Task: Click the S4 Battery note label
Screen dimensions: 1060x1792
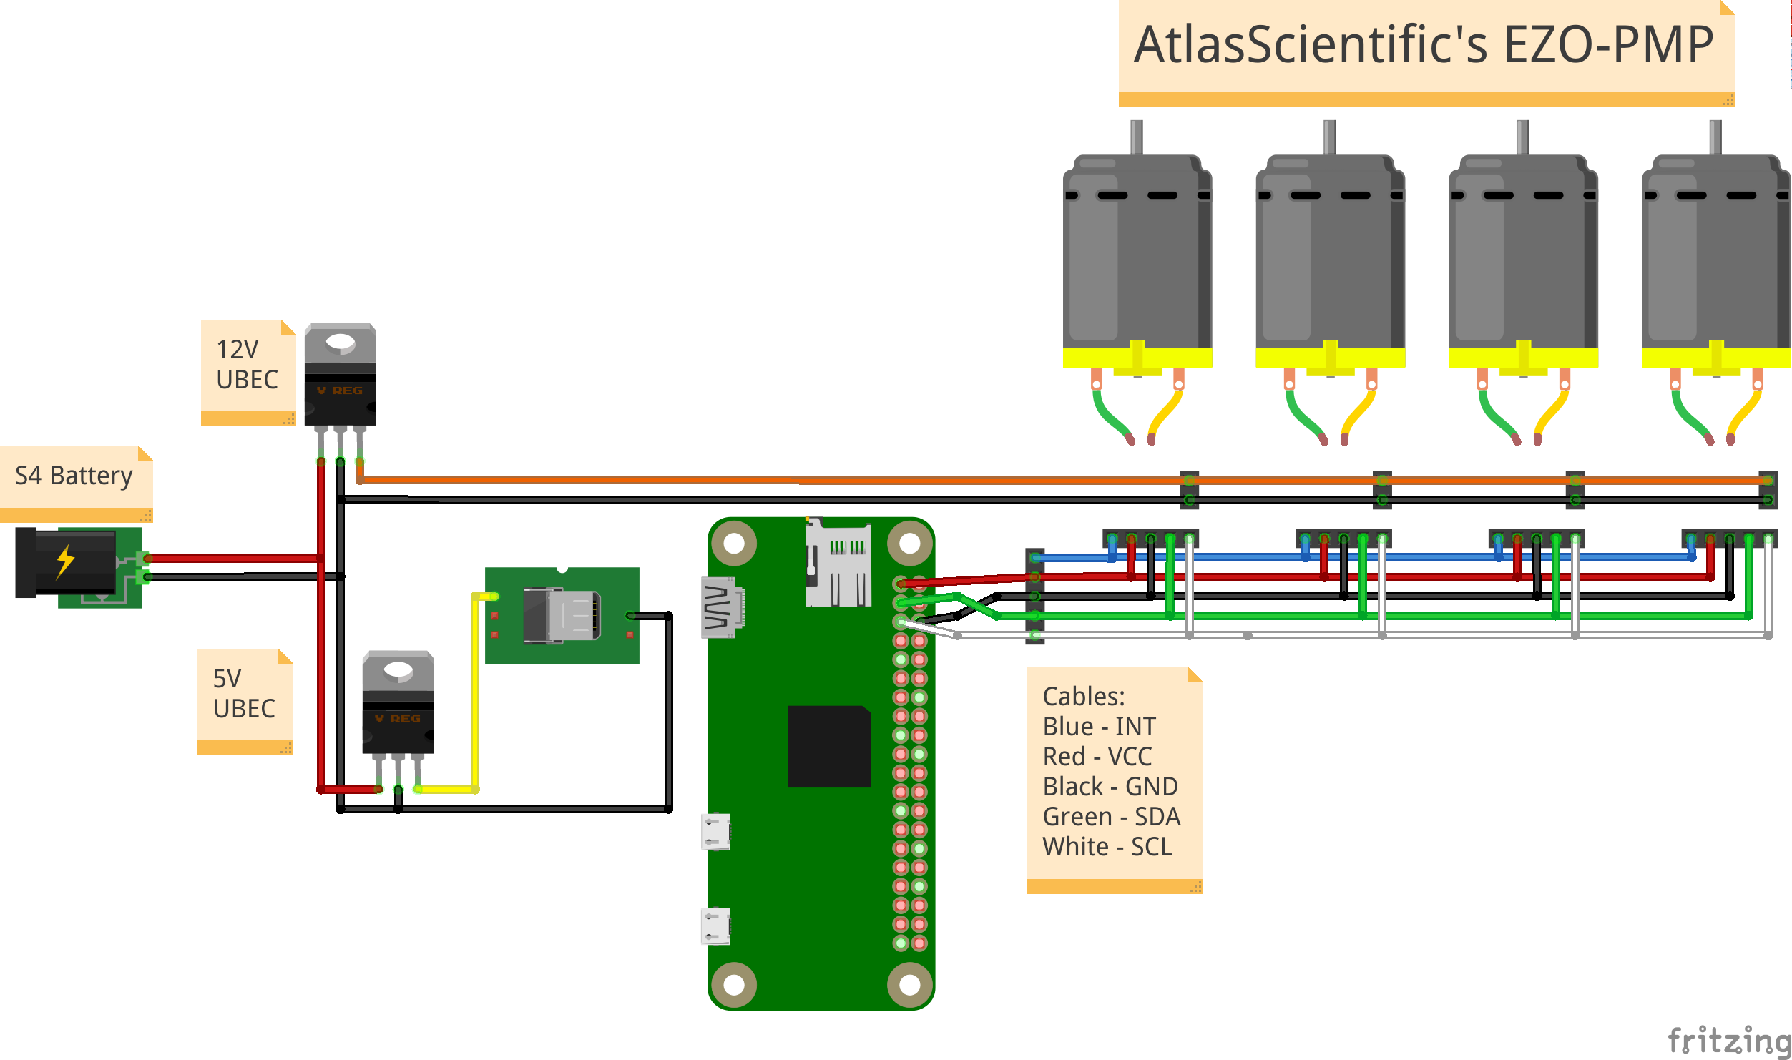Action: click(x=74, y=476)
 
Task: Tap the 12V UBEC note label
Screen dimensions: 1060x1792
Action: click(x=247, y=365)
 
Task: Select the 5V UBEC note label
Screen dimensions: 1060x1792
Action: click(x=244, y=694)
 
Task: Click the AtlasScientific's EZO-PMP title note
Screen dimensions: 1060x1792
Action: click(x=1424, y=45)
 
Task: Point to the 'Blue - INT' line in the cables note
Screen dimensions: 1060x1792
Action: click(x=1099, y=727)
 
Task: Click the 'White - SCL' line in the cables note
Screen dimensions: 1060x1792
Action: click(x=1107, y=847)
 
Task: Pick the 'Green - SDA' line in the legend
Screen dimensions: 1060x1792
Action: click(x=1111, y=817)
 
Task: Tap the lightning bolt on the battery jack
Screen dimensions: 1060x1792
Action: click(x=65, y=561)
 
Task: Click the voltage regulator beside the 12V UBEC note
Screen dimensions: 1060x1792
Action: click(x=341, y=376)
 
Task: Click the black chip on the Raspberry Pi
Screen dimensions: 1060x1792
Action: click(x=829, y=747)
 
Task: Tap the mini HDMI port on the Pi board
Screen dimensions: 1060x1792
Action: click(x=721, y=607)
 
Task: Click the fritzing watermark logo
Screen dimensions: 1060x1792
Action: click(x=1728, y=1040)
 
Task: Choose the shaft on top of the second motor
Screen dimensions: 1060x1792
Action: click(x=1330, y=137)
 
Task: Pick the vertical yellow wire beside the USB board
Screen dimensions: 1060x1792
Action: click(x=475, y=694)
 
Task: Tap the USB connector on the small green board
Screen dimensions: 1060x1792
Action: click(x=562, y=615)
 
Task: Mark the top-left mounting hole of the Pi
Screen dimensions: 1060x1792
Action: click(x=734, y=544)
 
